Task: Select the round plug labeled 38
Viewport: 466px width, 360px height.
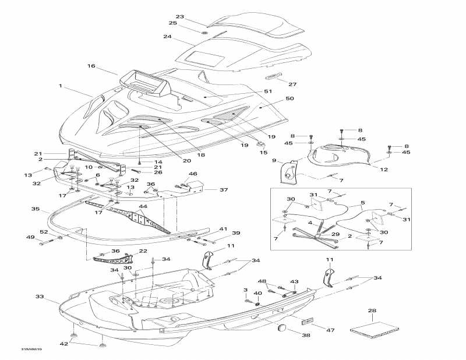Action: coord(283,327)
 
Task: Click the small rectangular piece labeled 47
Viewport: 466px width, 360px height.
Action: coord(308,321)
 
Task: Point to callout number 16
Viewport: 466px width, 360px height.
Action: coord(91,66)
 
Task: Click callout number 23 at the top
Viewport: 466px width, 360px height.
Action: coord(179,16)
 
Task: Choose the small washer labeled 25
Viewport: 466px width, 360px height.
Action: coord(205,31)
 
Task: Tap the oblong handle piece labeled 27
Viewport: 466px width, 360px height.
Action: coord(274,77)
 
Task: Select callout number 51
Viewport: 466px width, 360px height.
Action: coord(268,91)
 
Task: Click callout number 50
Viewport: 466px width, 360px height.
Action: coord(290,99)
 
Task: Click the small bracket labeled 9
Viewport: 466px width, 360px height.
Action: coord(288,172)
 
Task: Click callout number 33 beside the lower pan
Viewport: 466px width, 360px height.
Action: coord(39,297)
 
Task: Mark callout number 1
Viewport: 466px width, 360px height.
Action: coord(60,86)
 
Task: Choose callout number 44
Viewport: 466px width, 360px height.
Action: coord(143,206)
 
